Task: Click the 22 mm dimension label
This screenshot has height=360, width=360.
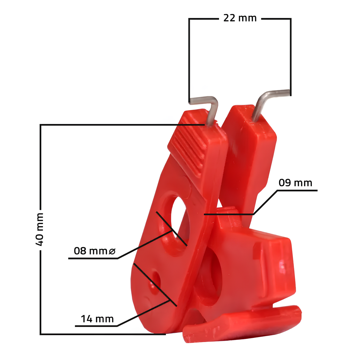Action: [240, 18]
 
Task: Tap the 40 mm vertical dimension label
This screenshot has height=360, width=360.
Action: [39, 229]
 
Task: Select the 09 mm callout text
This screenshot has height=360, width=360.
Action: [295, 183]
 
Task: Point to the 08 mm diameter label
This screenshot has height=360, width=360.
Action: [95, 251]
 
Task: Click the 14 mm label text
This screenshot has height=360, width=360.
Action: [97, 319]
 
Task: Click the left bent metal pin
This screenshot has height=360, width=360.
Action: [204, 110]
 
